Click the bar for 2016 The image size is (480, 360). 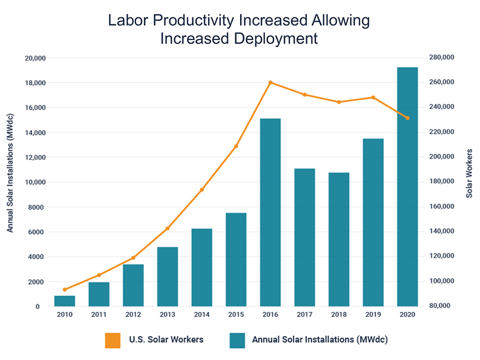coord(270,212)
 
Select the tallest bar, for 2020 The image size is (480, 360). coord(407,186)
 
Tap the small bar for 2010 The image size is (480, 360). coord(65,301)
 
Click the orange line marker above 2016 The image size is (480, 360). coord(270,82)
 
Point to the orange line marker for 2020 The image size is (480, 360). coord(407,118)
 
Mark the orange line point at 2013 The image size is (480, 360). coord(167,228)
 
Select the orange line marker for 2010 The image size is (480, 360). coord(65,289)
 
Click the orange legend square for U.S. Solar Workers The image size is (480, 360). coord(112,339)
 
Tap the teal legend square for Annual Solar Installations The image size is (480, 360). coord(238,339)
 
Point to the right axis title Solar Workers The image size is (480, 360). coord(470,173)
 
